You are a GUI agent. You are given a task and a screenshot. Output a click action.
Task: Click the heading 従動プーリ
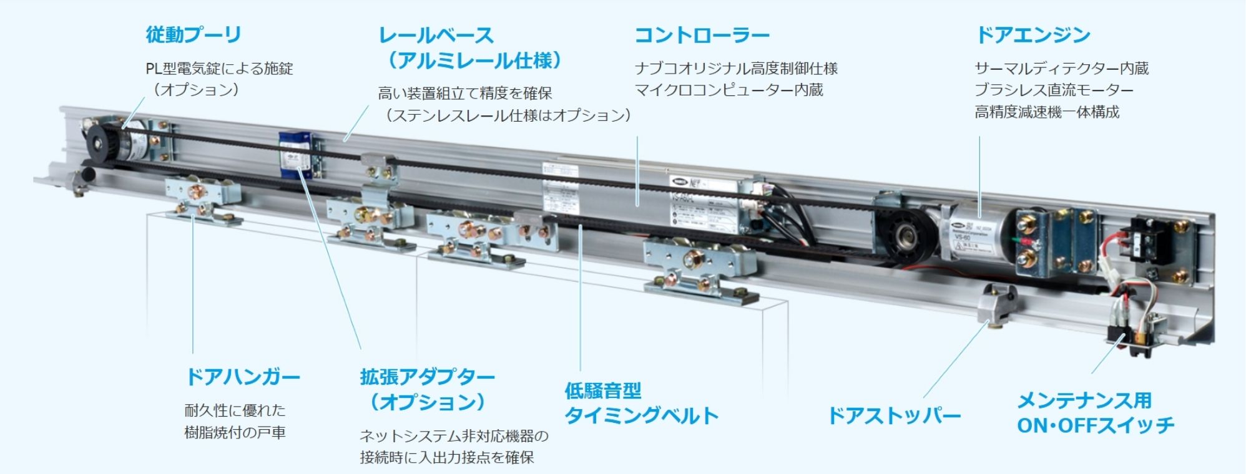pos(194,35)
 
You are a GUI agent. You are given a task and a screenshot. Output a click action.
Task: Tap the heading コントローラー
pos(702,36)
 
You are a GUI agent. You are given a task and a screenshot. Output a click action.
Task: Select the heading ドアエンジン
pos(1033,36)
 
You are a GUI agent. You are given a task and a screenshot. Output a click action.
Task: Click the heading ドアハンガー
pos(243,377)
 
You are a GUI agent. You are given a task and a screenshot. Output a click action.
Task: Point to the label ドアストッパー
pos(894,415)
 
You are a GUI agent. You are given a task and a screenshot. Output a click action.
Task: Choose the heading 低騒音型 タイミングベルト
pos(641,404)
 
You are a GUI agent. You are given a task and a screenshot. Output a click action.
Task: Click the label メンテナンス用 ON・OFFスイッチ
pos(1096,413)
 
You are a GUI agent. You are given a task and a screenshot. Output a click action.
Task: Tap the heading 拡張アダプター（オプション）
pos(428,389)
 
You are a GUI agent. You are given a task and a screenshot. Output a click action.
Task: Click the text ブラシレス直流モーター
pos(1054,90)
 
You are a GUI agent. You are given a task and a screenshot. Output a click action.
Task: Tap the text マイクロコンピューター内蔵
pos(728,90)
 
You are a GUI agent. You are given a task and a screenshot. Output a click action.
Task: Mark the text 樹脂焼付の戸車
pos(235,432)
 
